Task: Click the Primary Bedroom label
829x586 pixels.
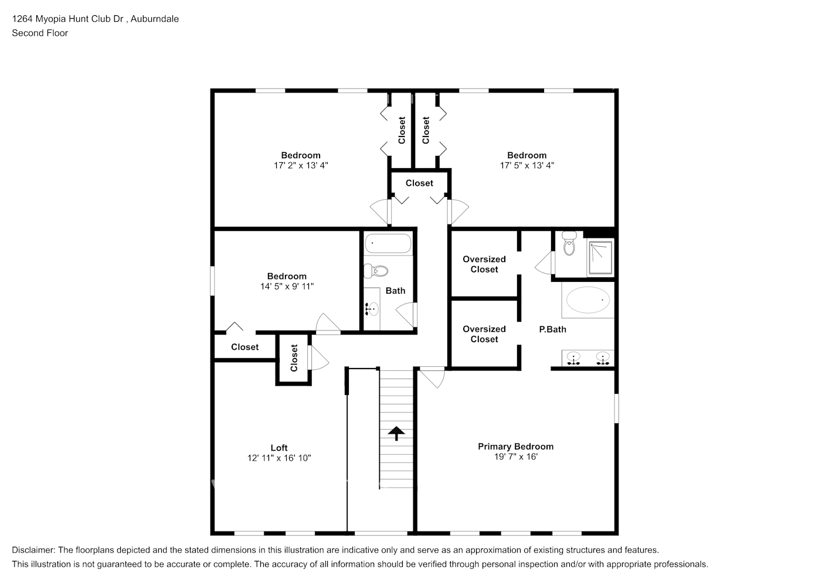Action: [515, 447]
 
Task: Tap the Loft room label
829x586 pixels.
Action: [279, 448]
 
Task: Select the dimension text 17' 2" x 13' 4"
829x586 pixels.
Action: [301, 165]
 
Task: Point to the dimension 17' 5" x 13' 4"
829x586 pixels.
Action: [527, 165]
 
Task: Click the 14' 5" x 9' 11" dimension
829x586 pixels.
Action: [287, 287]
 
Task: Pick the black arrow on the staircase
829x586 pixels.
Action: [396, 433]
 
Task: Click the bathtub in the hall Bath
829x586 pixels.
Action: [388, 243]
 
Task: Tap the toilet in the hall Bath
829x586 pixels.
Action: [376, 271]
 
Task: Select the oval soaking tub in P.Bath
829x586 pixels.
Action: [587, 299]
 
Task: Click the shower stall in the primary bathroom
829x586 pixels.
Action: [600, 257]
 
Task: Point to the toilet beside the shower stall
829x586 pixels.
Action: [569, 243]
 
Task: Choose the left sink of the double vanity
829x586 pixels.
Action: [573, 359]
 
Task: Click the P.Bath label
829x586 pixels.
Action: [552, 329]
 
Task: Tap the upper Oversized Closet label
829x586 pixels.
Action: [484, 264]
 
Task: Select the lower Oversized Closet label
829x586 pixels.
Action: [484, 334]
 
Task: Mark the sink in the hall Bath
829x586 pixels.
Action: [372, 309]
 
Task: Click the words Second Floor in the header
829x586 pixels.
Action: [40, 33]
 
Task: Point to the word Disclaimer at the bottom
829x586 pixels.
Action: [33, 550]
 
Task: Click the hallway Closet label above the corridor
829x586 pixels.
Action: [419, 183]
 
